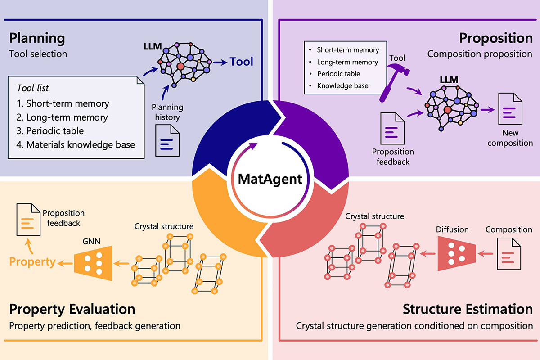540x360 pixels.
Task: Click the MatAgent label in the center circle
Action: [270, 180]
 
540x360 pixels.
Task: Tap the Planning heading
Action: [37, 38]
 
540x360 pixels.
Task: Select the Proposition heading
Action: [496, 38]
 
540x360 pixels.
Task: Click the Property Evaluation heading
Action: [72, 309]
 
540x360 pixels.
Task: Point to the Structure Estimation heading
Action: [468, 309]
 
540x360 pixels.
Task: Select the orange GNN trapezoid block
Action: [93, 262]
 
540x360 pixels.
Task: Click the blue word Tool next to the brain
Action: [242, 62]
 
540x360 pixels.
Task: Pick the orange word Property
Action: [33, 261]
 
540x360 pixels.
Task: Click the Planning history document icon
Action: [167, 141]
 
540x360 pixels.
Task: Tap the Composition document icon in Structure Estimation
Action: [508, 254]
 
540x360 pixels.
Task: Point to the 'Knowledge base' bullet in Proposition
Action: [342, 85]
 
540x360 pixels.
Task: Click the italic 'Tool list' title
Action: [33, 88]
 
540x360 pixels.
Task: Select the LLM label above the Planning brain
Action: [151, 47]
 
